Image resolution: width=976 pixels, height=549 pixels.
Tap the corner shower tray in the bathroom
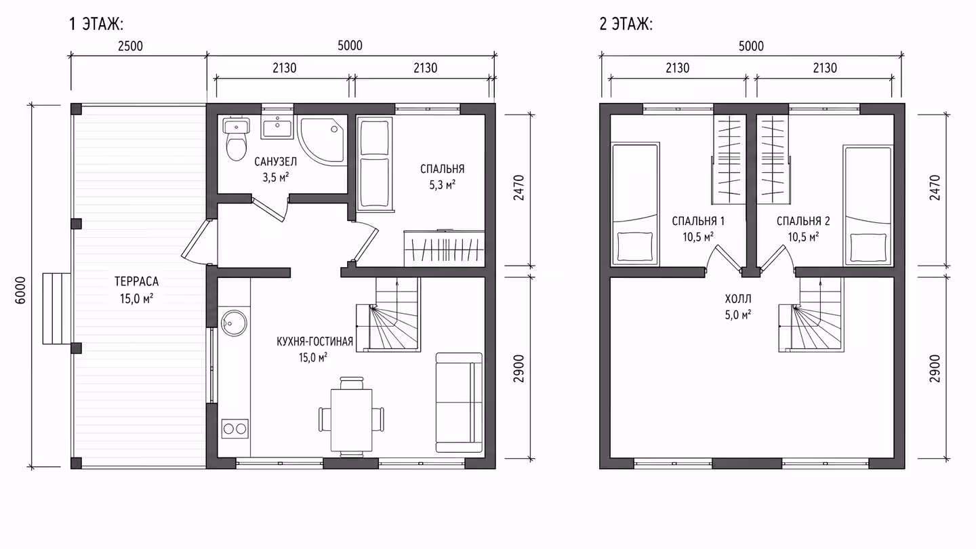[x=322, y=140]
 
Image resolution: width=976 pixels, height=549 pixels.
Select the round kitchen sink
[x=234, y=323]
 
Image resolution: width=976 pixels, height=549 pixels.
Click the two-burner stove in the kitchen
[x=235, y=429]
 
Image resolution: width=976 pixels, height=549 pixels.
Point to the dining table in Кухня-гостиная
[x=352, y=420]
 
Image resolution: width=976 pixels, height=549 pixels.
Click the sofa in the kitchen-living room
[x=460, y=403]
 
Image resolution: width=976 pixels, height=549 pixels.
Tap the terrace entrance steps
[x=57, y=308]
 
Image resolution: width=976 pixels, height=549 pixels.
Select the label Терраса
[x=136, y=281]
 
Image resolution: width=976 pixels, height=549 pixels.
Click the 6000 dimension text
[x=20, y=290]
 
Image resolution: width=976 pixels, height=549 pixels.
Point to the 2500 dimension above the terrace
[x=130, y=46]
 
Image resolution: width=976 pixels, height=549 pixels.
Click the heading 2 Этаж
[x=626, y=24]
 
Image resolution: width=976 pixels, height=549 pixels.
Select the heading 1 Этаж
[x=96, y=24]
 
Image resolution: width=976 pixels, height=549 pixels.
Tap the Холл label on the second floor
[x=738, y=299]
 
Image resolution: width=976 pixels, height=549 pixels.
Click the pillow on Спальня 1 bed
[x=636, y=247]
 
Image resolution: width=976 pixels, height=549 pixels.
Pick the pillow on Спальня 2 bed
[x=868, y=248]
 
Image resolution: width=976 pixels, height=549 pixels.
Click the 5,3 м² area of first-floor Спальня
[x=442, y=185]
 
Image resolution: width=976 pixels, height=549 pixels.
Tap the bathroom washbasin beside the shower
[x=277, y=127]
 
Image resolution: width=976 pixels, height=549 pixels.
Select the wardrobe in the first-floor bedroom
[x=445, y=248]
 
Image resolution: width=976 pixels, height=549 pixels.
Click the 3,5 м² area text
[x=275, y=178]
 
